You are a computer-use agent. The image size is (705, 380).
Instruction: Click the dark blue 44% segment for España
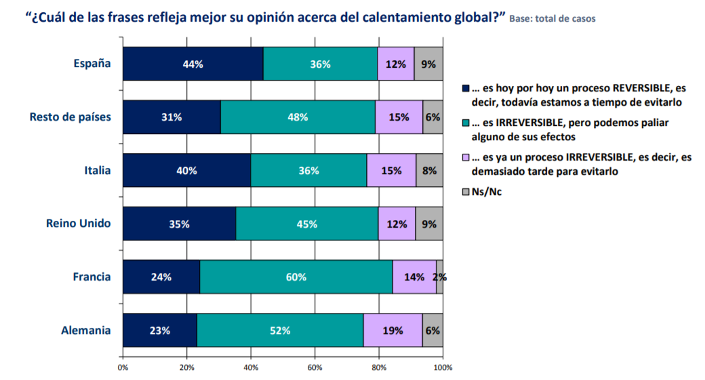193,64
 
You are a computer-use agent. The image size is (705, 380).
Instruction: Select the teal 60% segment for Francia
296,277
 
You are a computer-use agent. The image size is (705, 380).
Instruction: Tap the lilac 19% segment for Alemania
392,331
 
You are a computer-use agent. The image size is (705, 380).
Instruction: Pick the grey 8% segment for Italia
429,171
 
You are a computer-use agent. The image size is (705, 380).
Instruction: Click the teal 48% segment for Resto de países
298,117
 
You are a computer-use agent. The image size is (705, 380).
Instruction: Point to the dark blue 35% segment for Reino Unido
180,224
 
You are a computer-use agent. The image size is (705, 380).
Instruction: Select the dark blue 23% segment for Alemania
160,331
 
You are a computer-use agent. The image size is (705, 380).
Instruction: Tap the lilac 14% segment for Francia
414,277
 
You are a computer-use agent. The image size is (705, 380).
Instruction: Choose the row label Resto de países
70,117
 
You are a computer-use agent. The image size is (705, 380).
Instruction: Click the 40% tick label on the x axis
251,368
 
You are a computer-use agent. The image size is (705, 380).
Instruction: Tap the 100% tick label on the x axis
443,368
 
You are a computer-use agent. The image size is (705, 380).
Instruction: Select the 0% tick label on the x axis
123,368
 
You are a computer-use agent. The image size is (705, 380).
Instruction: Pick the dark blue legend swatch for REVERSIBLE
465,89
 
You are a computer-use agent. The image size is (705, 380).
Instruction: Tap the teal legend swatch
465,123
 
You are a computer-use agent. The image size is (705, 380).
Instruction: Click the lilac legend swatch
465,158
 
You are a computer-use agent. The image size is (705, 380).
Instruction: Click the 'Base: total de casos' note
552,19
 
